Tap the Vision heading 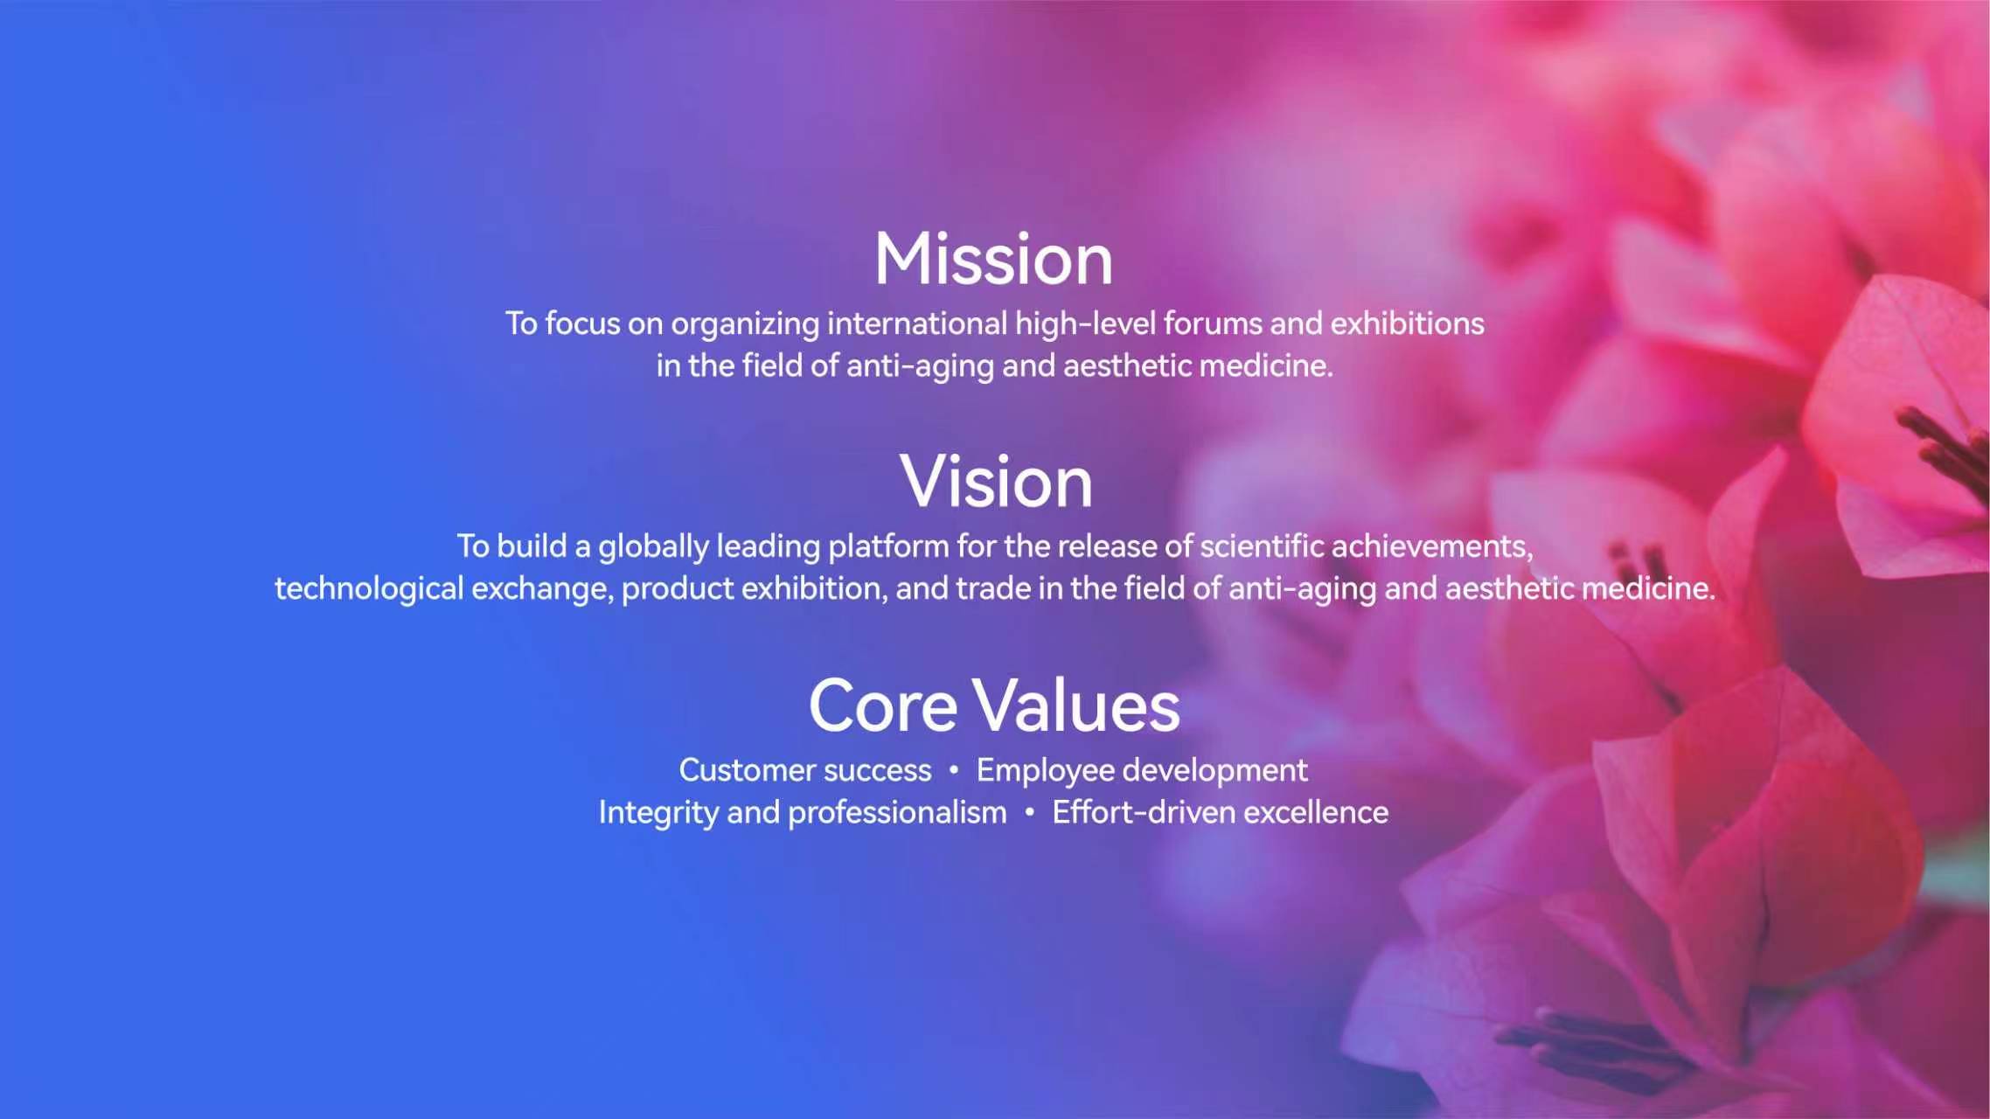coord(996,482)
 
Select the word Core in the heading coord(883,705)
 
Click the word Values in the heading coord(1076,705)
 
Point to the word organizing coord(745,325)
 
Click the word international coord(917,323)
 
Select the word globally coord(653,548)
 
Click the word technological coord(369,590)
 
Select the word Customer coord(748,770)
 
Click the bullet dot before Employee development coord(954,770)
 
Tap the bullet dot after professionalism coord(1030,812)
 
